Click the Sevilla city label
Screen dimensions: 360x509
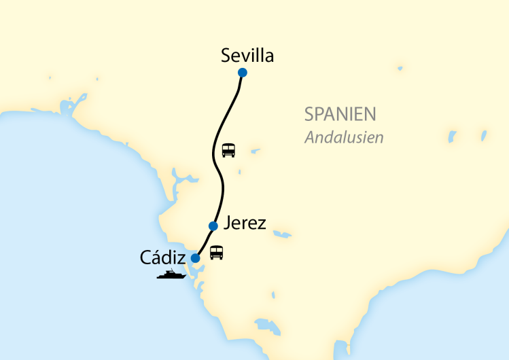247,56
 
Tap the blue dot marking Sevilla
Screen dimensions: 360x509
243,73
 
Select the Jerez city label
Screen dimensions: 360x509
244,223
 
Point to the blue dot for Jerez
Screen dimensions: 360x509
213,226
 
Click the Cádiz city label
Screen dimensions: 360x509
164,257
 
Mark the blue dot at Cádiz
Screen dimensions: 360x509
196,258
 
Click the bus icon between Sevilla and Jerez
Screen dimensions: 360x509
228,150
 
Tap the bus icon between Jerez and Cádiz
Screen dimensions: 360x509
216,253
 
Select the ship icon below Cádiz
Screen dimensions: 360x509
171,275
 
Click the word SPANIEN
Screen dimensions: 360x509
340,113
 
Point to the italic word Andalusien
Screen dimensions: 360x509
344,137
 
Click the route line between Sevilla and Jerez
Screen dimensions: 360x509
217,149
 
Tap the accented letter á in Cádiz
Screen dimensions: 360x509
155,257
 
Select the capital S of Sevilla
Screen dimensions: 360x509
226,56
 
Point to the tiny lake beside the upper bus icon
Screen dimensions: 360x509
254,151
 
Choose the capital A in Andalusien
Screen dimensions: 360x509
310,137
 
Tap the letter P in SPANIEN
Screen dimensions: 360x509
319,113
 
